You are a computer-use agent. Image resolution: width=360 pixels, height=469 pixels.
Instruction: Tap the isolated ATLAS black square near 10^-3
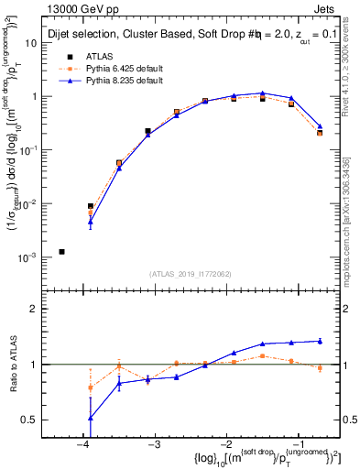click(x=61, y=251)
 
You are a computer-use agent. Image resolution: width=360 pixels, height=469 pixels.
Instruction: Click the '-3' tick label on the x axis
click(x=155, y=443)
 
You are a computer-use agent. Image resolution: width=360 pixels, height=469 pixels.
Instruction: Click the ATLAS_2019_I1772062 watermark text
click(x=191, y=273)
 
